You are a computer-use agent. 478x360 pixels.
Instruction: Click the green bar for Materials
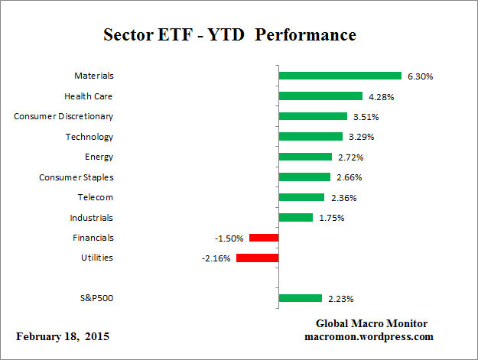tap(340, 76)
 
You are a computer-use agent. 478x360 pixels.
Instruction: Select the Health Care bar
tap(320, 96)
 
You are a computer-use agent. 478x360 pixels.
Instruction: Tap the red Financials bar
tap(264, 238)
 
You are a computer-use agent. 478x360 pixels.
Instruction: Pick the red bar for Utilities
tap(258, 258)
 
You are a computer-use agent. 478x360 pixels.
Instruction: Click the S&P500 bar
tap(301, 298)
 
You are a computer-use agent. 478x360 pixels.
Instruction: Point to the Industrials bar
tap(296, 217)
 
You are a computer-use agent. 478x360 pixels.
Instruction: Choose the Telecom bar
tap(302, 197)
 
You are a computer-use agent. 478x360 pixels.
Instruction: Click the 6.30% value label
tap(421, 76)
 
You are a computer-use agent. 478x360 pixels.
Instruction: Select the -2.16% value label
tap(216, 258)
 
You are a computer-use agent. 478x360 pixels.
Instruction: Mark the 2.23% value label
tap(341, 299)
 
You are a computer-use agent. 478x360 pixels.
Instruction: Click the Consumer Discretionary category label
tap(63, 116)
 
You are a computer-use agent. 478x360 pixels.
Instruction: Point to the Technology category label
tap(89, 137)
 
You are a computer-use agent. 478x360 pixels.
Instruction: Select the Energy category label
tap(99, 157)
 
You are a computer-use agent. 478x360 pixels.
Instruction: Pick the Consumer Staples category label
tap(76, 177)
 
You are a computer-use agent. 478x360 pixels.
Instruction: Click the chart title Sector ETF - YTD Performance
tap(229, 35)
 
